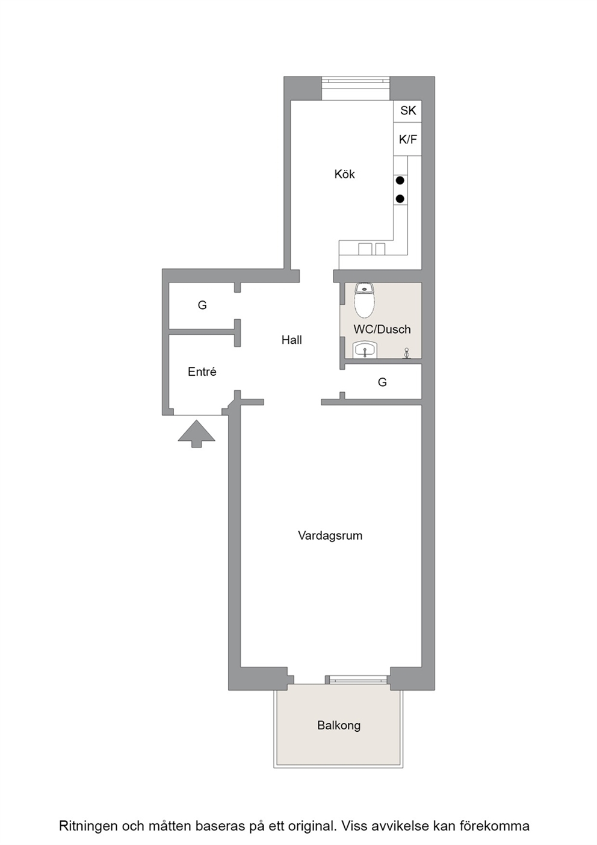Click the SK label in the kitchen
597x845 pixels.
408,111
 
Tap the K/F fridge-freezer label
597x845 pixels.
408,140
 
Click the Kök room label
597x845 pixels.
344,174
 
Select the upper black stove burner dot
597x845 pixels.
400,181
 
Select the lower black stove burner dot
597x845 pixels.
400,198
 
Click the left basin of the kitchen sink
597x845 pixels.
365,249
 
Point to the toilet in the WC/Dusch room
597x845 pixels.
364,301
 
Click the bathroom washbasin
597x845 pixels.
365,350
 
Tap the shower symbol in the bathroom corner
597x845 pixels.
407,353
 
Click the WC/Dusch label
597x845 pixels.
382,329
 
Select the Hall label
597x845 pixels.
292,340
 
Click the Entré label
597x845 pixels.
202,372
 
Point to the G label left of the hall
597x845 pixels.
202,305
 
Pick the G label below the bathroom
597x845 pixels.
382,382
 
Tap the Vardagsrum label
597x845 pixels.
330,535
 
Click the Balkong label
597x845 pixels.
339,725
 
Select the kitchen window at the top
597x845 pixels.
356,89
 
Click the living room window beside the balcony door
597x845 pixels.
357,679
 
